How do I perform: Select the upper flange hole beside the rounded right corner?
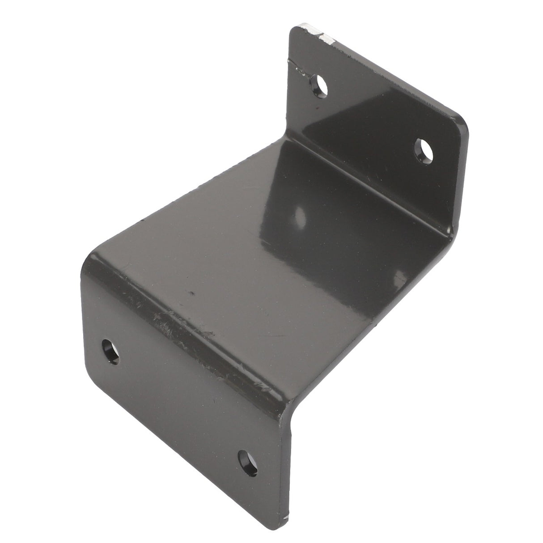(424, 152)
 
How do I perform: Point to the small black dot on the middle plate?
(193, 294)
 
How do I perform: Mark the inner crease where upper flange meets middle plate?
(358, 179)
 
